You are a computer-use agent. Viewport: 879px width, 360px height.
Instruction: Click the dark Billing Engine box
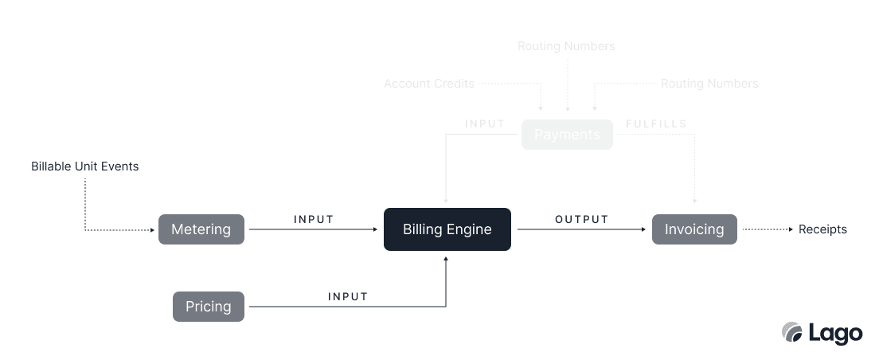447,229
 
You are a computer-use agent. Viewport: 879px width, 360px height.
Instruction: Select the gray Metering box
201,229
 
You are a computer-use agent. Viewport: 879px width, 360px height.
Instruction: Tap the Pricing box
209,307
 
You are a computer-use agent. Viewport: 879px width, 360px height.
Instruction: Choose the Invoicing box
694,229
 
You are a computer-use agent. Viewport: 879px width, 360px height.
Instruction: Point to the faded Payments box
567,135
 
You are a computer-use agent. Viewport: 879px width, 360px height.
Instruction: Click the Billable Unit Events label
85,166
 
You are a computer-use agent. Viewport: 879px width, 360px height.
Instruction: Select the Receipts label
822,229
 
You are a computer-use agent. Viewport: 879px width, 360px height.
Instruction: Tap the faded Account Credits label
429,84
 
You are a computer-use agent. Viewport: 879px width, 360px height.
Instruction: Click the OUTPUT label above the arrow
581,219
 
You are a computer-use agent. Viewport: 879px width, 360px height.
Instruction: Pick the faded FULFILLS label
656,124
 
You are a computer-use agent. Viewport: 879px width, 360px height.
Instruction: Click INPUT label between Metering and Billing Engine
314,219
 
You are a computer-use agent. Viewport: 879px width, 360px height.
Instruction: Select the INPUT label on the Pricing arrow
348,296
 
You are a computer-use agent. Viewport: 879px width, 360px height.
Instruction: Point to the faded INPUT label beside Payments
485,124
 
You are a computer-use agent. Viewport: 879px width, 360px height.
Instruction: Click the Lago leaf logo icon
792,332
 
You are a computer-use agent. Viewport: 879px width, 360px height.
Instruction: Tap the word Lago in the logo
835,333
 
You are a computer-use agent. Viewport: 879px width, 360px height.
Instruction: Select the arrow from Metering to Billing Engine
314,230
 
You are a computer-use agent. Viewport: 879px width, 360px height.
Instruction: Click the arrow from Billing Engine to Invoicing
581,230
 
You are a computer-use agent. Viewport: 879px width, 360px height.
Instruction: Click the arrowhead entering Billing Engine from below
446,258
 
